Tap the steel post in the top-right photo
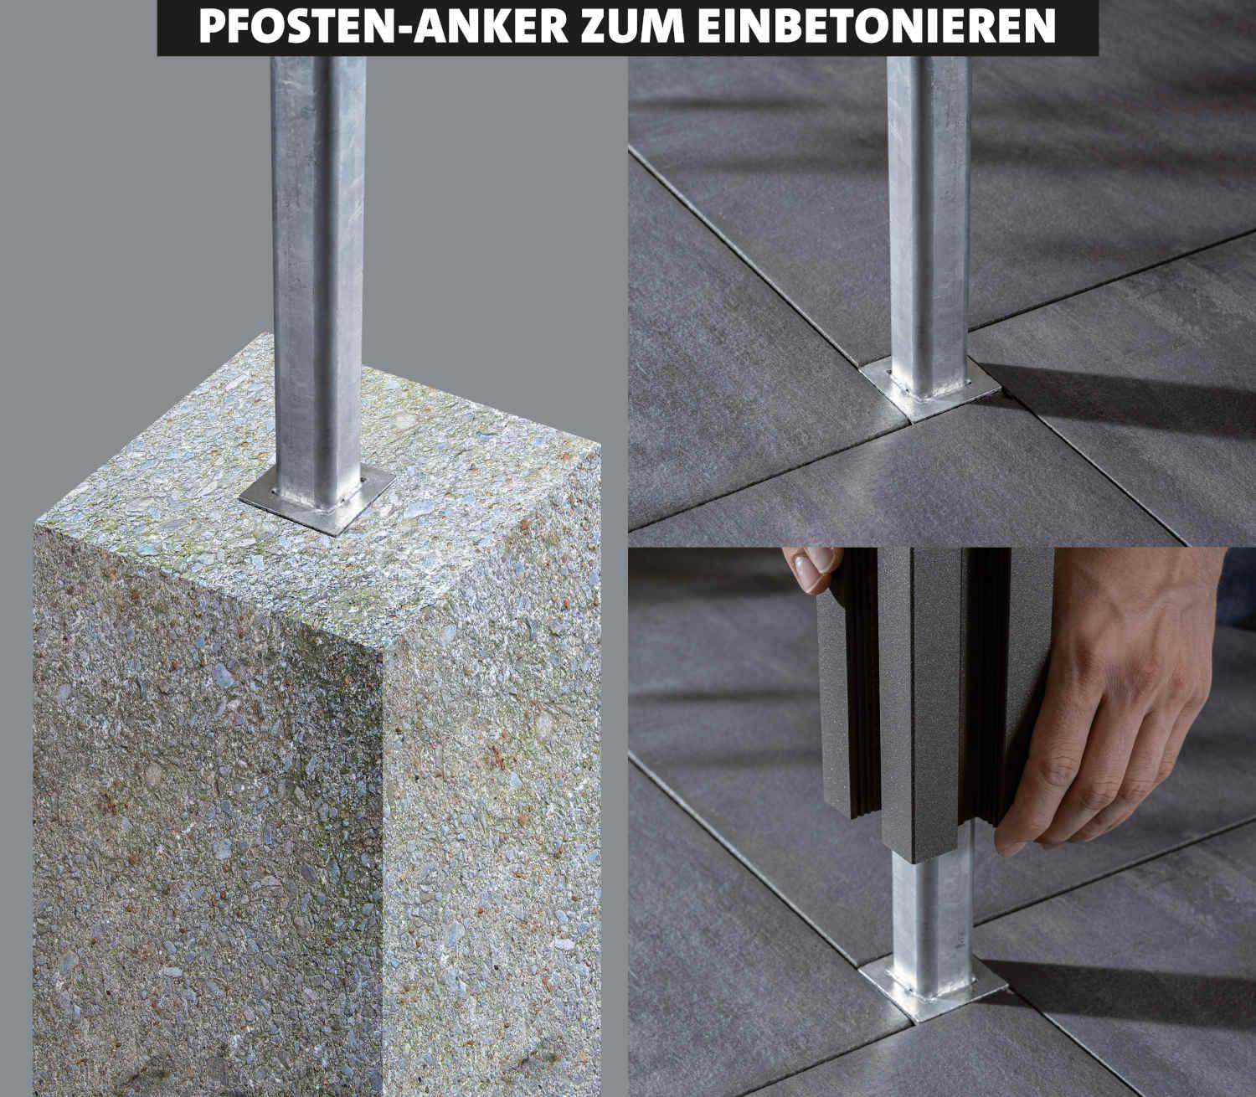click(x=928, y=209)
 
